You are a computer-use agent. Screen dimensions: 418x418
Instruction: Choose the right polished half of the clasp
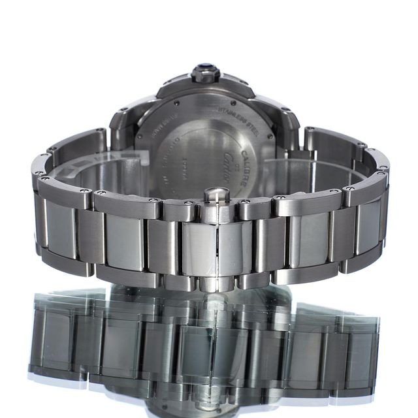point(229,248)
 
